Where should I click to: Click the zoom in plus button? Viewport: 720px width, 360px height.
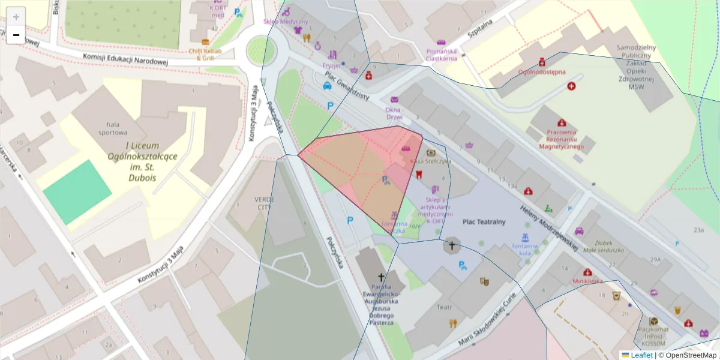16,16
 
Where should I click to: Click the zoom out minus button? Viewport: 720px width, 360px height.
16,35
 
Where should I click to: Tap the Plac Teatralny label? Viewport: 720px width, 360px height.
484,222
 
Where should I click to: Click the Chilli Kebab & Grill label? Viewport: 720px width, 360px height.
205,55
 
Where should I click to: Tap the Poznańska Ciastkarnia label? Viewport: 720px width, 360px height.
442,55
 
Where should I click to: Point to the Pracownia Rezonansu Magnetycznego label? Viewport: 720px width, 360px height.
561,139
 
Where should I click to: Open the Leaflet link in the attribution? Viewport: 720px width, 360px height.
641,355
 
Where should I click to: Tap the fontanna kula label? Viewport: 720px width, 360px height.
526,248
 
